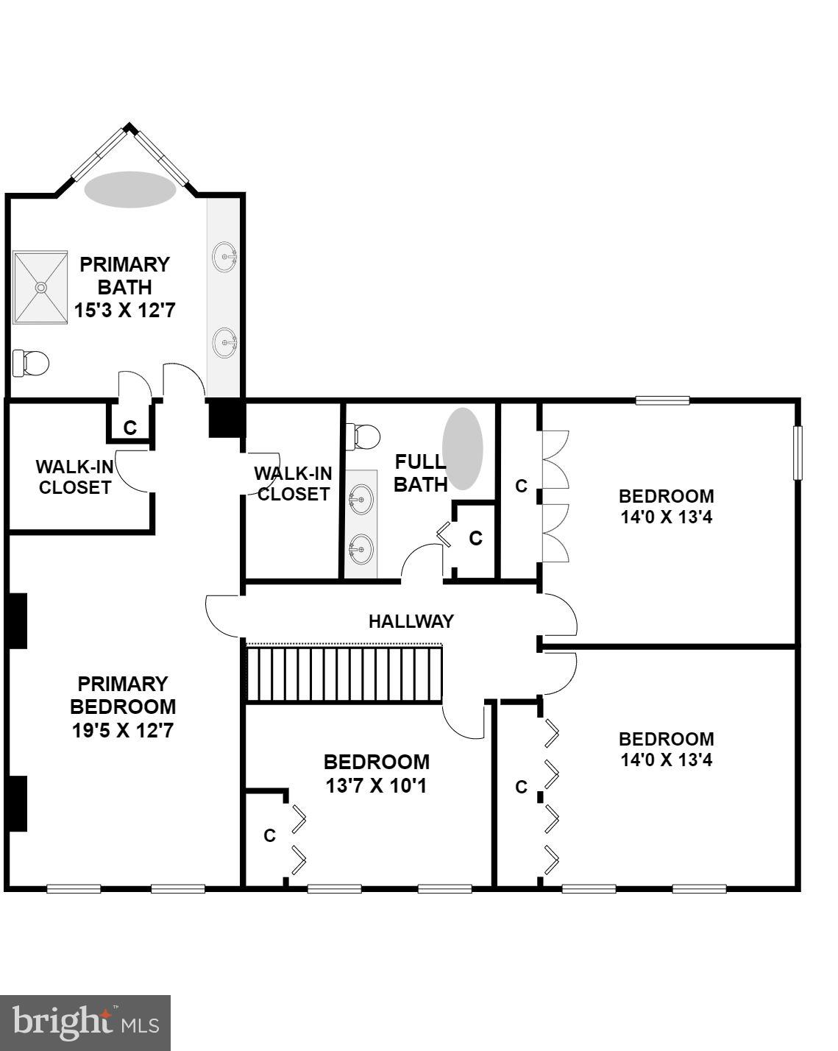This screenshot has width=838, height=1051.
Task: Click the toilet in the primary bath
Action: [x=31, y=362]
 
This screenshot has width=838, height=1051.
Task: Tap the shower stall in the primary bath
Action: [x=40, y=287]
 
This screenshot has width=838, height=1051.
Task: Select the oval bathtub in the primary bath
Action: [x=130, y=189]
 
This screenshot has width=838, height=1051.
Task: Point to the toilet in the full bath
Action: [x=363, y=436]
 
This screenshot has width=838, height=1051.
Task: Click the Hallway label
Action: [x=411, y=621]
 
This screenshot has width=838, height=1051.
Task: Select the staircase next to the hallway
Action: [x=344, y=673]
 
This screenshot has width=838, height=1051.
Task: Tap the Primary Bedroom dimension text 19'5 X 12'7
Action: [x=123, y=731]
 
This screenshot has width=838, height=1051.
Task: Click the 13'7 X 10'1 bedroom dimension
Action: [x=376, y=785]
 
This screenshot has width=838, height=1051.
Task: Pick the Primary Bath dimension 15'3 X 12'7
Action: [x=124, y=310]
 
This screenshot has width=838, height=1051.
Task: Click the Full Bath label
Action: [x=420, y=473]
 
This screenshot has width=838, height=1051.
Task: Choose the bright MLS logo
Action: [x=85, y=1022]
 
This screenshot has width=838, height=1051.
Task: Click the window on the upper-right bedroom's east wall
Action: [x=798, y=453]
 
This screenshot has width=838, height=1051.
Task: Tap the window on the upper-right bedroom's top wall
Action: [x=662, y=400]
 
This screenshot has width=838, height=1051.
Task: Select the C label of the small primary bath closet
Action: [x=130, y=428]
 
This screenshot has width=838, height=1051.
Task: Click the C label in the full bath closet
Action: [x=475, y=538]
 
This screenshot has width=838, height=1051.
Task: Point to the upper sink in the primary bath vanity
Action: [x=224, y=257]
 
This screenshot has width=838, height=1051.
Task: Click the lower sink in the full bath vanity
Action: [x=360, y=549]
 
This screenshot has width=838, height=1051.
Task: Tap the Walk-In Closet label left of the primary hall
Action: [x=74, y=477]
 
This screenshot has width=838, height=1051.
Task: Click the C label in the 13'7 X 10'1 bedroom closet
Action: [x=269, y=835]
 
